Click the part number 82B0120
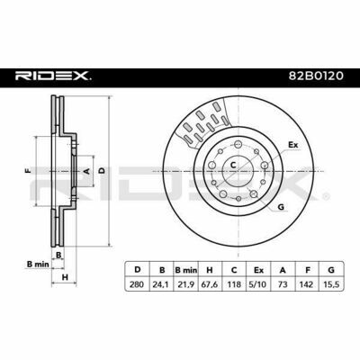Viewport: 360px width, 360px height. (316, 76)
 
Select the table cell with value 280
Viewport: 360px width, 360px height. (137, 284)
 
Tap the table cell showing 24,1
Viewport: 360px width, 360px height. (162, 284)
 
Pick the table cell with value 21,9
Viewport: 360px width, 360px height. (186, 284)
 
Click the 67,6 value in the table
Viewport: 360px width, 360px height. (210, 284)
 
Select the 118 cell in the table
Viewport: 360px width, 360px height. (234, 284)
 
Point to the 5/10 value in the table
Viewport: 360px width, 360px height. (258, 284)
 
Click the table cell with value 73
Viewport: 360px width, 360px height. (283, 284)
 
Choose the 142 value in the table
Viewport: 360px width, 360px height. (307, 284)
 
